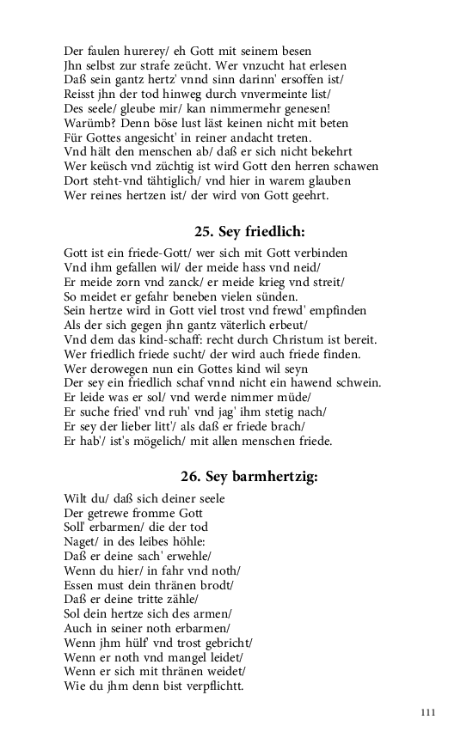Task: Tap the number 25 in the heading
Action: pyautogui.click(x=203, y=232)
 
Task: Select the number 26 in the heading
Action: pyautogui.click(x=190, y=477)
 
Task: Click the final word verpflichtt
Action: pyautogui.click(x=212, y=687)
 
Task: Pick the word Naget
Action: pyautogui.click(x=82, y=541)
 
